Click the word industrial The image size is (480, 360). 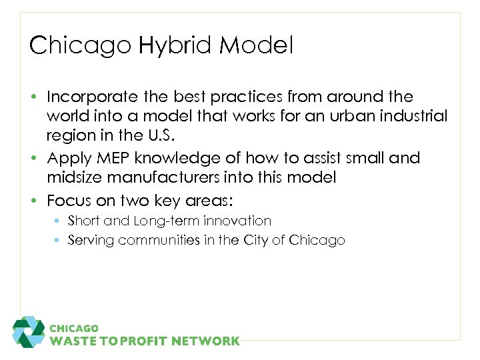pyautogui.click(x=414, y=117)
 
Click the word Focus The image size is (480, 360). pyautogui.click(x=68, y=200)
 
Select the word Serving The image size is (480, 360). pyautogui.click(x=90, y=241)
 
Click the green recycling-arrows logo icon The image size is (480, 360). pyautogui.click(x=28, y=332)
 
